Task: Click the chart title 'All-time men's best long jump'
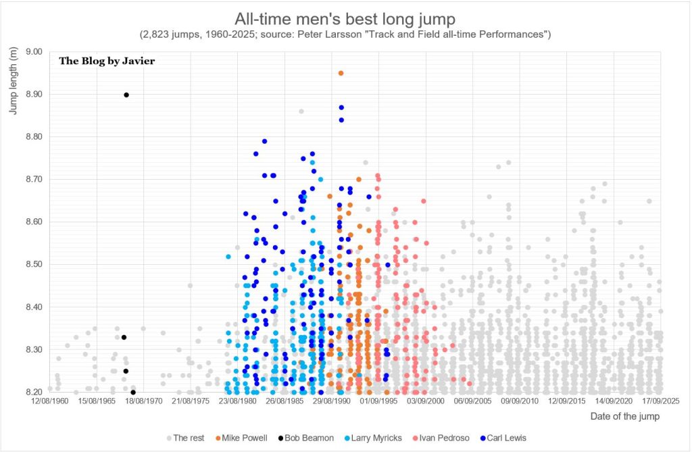345,18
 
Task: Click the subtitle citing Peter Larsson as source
345,34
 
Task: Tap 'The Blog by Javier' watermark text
107,61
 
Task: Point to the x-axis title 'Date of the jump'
625,416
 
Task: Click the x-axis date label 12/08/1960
49,401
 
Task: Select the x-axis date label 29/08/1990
330,401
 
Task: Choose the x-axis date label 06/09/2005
472,401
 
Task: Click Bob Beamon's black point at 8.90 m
126,95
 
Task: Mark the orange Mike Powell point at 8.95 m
341,73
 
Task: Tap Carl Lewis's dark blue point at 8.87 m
341,107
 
